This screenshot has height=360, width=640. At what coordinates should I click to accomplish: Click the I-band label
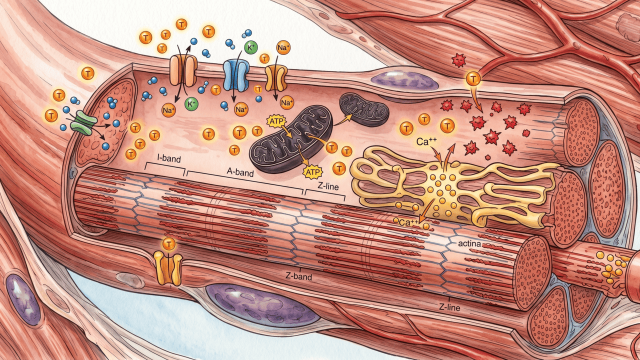click(x=169, y=158)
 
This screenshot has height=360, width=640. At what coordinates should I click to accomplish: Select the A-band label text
click(x=240, y=172)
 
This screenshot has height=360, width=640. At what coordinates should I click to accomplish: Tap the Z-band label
click(x=298, y=276)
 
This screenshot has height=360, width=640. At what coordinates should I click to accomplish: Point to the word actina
click(x=469, y=244)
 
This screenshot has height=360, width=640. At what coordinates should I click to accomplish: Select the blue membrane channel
click(x=235, y=75)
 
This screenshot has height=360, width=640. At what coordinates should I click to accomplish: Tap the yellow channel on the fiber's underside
click(x=168, y=268)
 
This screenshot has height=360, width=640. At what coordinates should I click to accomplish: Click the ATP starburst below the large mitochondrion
click(x=312, y=172)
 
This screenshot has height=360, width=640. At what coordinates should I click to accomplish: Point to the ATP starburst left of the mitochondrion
click(x=276, y=121)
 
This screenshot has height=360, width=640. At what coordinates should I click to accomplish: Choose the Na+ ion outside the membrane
click(x=283, y=48)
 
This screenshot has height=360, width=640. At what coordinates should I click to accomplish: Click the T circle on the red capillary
click(x=473, y=78)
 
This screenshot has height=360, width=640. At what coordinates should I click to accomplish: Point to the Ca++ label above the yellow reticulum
click(x=426, y=141)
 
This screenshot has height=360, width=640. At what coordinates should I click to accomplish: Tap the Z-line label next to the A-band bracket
click(x=328, y=186)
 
